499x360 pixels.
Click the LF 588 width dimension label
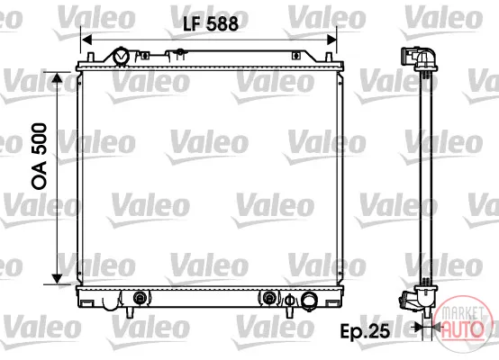pyautogui.click(x=211, y=24)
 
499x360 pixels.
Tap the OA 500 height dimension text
pyautogui.click(x=40, y=157)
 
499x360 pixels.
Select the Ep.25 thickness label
pyautogui.click(x=365, y=331)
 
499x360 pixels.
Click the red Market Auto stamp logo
pyautogui.click(x=462, y=323)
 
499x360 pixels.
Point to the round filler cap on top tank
pyautogui.click(x=121, y=57)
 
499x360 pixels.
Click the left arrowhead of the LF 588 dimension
pyautogui.click(x=86, y=40)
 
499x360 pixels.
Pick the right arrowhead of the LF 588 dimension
pyautogui.click(x=331, y=40)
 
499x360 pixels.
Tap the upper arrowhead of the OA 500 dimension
pyautogui.click(x=57, y=77)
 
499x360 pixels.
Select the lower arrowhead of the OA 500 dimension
pyautogui.click(x=57, y=279)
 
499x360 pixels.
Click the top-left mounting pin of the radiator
pyautogui.click(x=90, y=58)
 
